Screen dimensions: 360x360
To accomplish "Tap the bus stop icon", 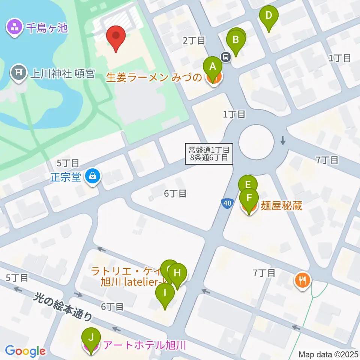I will [226, 57].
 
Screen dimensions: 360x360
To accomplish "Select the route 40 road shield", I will [226, 203].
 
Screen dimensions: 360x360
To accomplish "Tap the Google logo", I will [25, 351].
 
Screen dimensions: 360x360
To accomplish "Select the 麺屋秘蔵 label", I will [281, 205].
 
